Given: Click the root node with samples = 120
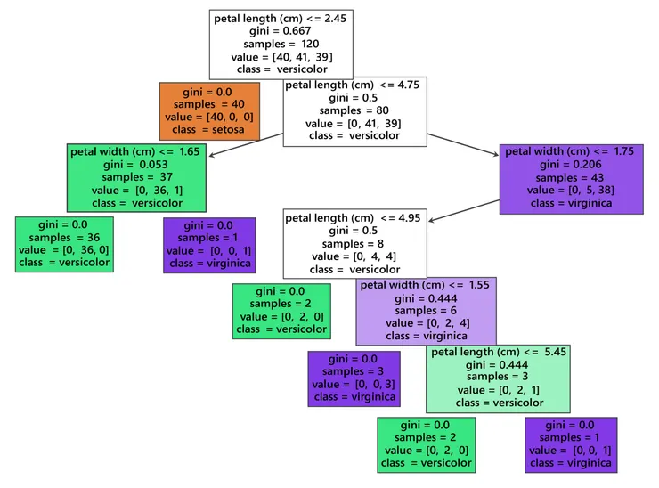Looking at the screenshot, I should (x=281, y=43).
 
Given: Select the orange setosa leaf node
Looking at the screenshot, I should (x=209, y=111).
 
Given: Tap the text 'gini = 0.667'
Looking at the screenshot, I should (x=281, y=30).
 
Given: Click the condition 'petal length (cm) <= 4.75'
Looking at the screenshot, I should (x=354, y=85).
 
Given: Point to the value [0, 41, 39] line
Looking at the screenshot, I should (x=354, y=123).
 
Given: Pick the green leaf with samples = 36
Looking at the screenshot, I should (x=64, y=243).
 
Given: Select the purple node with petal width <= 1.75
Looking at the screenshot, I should (x=571, y=178).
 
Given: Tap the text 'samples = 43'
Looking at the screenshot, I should (x=571, y=177).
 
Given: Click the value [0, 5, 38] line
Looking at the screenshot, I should (x=571, y=190).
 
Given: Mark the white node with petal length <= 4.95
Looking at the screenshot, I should (x=354, y=243).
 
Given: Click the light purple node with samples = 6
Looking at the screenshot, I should (x=426, y=311).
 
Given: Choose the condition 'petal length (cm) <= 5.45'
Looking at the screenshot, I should (x=498, y=352).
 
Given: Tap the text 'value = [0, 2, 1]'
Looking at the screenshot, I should (x=498, y=390).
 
